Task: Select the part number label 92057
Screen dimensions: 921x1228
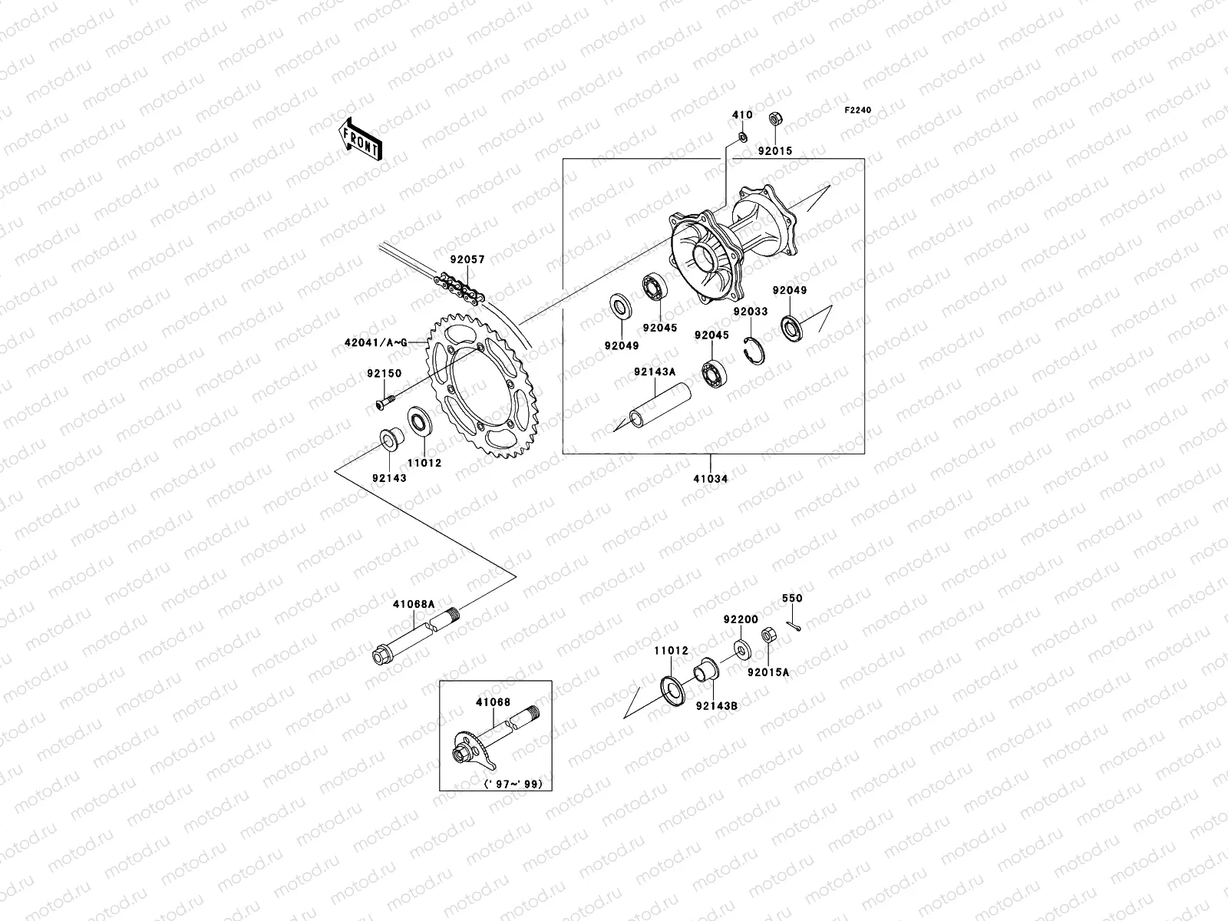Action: point(467,260)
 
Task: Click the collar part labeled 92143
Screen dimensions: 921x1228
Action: point(389,441)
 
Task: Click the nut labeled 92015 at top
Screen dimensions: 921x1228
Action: point(775,120)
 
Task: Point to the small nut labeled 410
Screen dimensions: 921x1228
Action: point(742,137)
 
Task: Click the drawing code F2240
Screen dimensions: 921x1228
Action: point(858,111)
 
